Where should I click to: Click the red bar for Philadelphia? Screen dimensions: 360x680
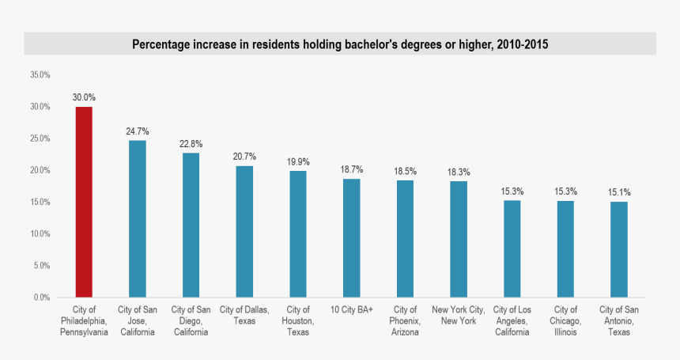[84, 202]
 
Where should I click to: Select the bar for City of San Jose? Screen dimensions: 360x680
[137, 218]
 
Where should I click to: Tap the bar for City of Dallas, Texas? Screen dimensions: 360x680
[244, 231]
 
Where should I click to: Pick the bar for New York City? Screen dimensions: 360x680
[459, 239]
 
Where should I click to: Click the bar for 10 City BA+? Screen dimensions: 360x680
[351, 237]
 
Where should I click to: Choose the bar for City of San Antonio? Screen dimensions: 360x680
[619, 249]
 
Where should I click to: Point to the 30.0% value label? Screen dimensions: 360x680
[84, 97]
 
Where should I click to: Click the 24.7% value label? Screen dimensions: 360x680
[137, 131]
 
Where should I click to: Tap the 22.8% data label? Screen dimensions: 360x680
[191, 144]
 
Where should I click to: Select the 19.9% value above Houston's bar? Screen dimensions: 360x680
[298, 162]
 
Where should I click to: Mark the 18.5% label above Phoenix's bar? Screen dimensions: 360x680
[405, 171]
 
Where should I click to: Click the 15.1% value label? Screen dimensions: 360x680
[619, 192]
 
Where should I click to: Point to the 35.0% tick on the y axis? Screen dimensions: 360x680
[40, 75]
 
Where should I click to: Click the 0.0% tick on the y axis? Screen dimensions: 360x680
[41, 297]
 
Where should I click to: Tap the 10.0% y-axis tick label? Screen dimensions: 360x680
[40, 234]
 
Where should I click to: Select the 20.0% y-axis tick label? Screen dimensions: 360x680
[40, 171]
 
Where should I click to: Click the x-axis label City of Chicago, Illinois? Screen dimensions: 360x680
[565, 320]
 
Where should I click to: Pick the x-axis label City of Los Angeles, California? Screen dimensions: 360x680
[512, 320]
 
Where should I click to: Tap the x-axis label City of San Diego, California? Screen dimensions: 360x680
[191, 320]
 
